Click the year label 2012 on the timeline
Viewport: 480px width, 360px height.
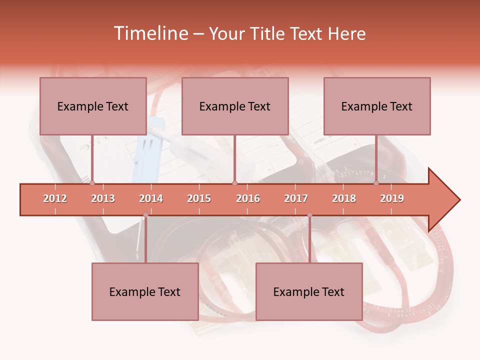(x=55, y=198)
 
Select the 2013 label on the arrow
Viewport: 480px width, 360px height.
(x=103, y=198)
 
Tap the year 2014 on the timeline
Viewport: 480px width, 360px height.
(x=151, y=198)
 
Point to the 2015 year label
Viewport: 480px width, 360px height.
(x=199, y=198)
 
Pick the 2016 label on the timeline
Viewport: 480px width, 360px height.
(x=248, y=198)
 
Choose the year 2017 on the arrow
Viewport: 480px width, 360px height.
(x=296, y=198)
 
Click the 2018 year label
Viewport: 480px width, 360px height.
(x=344, y=198)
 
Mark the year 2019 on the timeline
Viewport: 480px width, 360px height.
(x=392, y=198)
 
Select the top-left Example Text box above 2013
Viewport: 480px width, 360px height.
(x=93, y=106)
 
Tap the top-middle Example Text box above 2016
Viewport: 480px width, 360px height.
(x=235, y=106)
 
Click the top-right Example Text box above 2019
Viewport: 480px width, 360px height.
(x=377, y=106)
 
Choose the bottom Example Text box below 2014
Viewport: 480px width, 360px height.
(x=145, y=291)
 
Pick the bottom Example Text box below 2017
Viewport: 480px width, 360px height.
(x=309, y=291)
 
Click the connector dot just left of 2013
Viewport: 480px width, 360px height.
(x=92, y=183)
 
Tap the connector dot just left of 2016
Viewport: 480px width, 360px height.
(x=234, y=183)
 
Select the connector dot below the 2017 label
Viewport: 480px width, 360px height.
(x=309, y=215)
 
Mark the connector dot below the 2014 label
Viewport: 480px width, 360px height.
(x=145, y=215)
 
